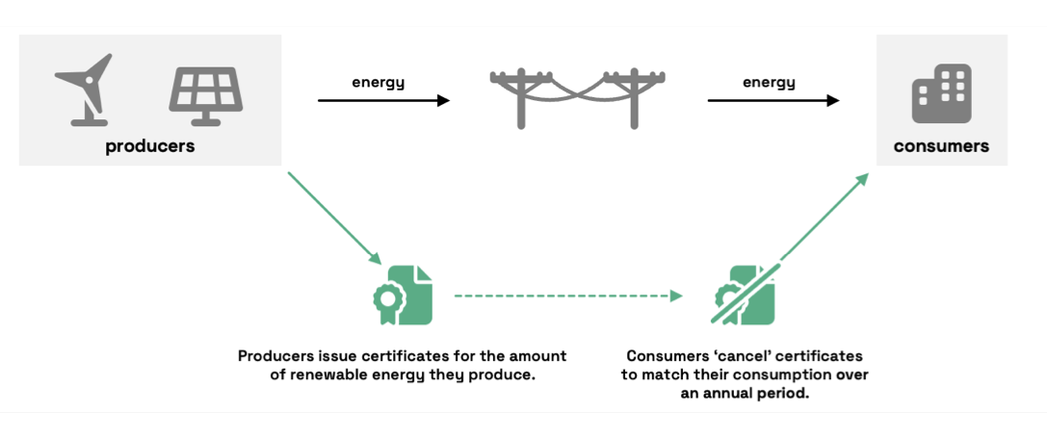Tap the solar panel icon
pyautogui.click(x=205, y=94)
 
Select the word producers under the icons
pyautogui.click(x=150, y=146)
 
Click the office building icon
pyautogui.click(x=941, y=94)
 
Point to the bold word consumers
pyautogui.click(x=941, y=146)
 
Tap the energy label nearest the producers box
pyautogui.click(x=378, y=82)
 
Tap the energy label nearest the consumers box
pyautogui.click(x=769, y=82)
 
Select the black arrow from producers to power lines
pyautogui.click(x=383, y=100)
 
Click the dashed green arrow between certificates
pyautogui.click(x=568, y=296)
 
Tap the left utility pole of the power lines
pyautogui.click(x=522, y=97)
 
